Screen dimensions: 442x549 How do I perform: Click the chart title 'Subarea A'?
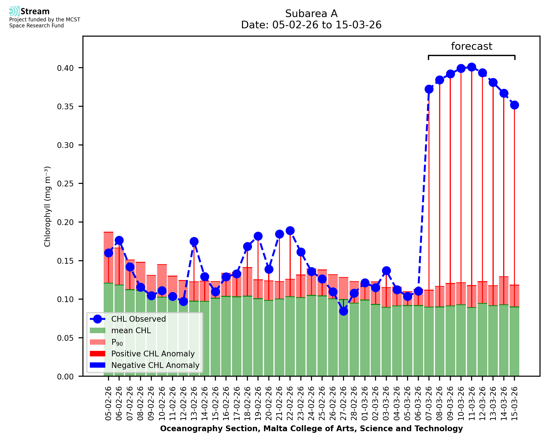tap(311, 14)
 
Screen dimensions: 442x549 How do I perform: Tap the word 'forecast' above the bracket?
tap(472, 46)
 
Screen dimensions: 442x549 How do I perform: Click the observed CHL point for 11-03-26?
tap(472, 67)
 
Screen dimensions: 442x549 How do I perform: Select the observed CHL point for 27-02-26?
tap(343, 311)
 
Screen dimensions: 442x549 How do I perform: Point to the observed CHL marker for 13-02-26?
tap(194, 241)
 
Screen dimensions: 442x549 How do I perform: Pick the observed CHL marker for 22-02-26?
tap(290, 231)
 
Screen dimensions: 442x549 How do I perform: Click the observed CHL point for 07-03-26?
tap(429, 89)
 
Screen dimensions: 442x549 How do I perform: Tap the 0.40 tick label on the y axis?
tap(65, 68)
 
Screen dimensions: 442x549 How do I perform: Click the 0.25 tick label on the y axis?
tap(65, 184)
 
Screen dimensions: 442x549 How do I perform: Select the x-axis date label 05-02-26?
tap(108, 403)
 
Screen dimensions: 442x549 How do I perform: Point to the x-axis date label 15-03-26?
tap(515, 403)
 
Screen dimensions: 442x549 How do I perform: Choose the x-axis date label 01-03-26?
tap(365, 403)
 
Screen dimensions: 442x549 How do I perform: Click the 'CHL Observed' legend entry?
tap(138, 319)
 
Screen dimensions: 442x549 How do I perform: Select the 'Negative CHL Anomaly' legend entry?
tap(155, 365)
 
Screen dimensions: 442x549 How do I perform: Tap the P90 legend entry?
tap(117, 342)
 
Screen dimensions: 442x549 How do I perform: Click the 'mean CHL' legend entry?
tap(131, 330)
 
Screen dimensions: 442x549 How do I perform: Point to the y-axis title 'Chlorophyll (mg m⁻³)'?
tap(47, 206)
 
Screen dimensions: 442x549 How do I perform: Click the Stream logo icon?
tap(14, 11)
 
